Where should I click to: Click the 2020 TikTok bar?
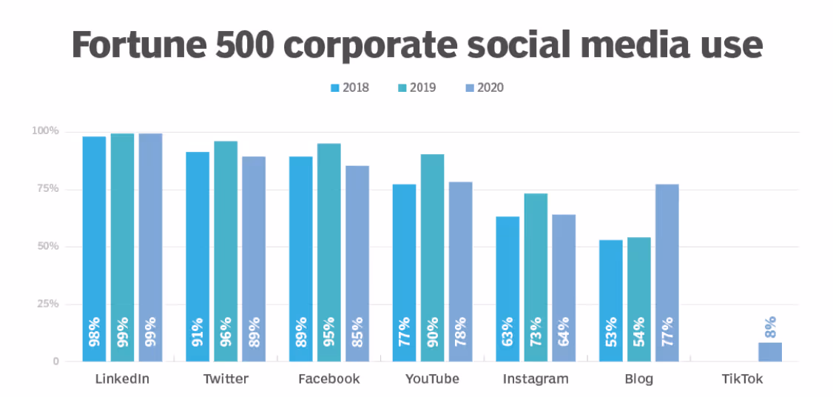coord(769,352)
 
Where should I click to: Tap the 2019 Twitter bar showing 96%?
coord(226,251)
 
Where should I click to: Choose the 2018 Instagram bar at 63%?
coord(507,289)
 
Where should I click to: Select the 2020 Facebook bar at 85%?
coord(357,263)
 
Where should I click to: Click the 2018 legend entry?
coord(349,87)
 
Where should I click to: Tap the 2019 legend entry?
coord(416,87)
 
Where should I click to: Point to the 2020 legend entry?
coord(484,87)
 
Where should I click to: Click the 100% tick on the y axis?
coord(44,131)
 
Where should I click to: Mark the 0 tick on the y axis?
coord(55,361)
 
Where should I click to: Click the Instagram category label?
coord(536,379)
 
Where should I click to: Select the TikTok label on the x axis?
coord(742,379)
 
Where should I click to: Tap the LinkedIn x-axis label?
coord(122,379)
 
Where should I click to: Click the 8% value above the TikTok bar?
coord(770,328)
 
